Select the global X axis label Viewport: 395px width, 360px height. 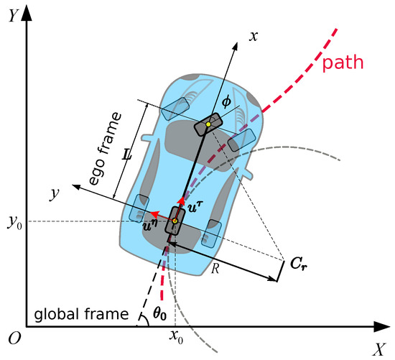(380, 349)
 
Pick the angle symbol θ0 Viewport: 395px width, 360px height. (166, 314)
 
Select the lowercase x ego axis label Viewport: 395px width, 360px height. (253, 34)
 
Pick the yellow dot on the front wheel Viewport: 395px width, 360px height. (208, 125)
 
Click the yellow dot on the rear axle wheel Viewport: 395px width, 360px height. (175, 220)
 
